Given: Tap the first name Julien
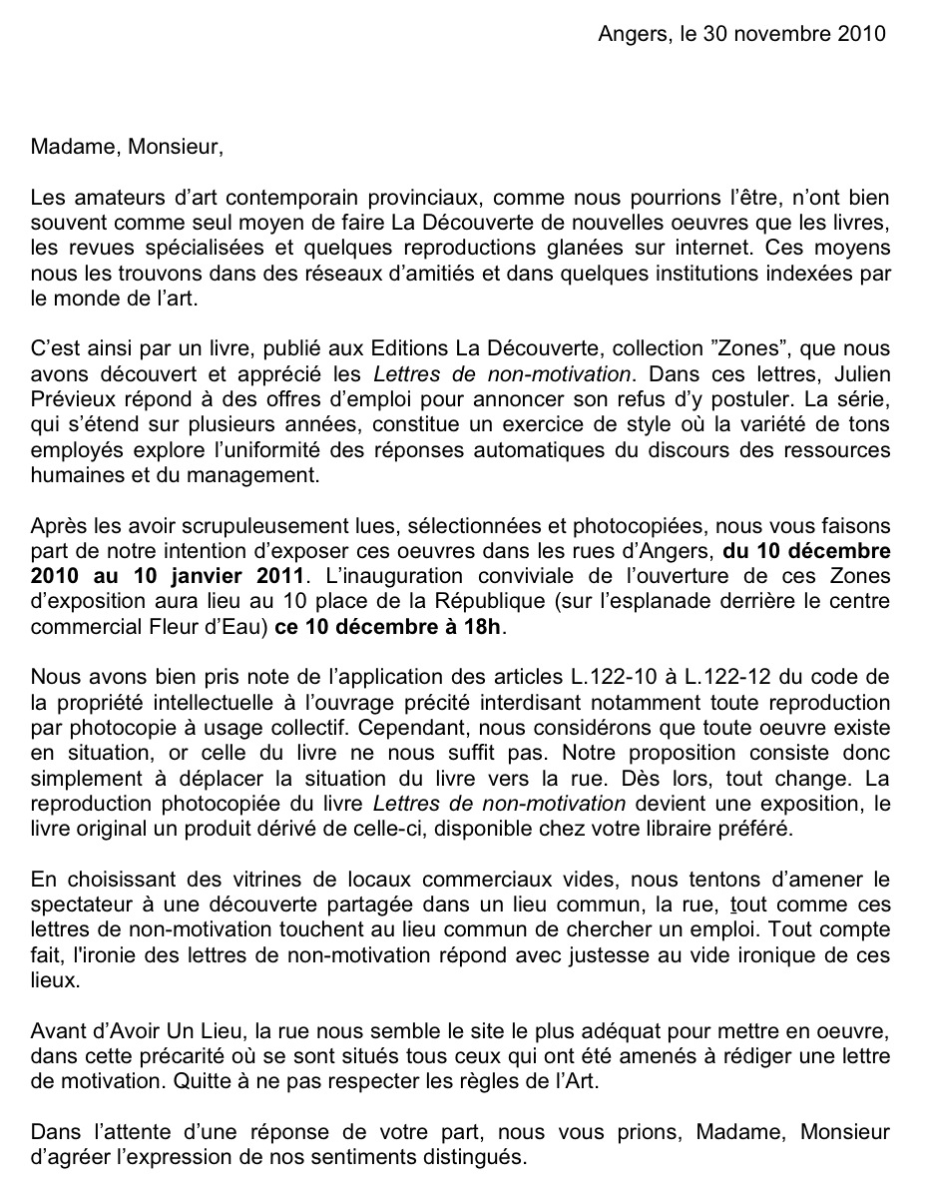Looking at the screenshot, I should click(863, 374).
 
